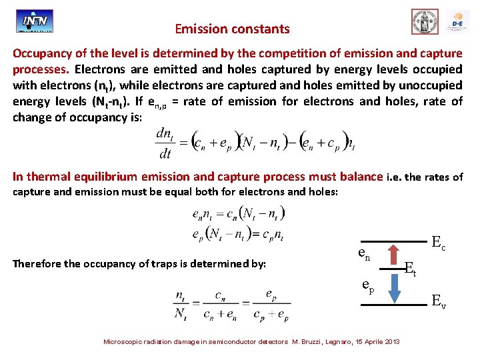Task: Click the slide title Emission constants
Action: [232, 29]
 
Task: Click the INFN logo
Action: [35, 21]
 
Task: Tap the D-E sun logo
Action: [458, 21]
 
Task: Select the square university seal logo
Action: [425, 21]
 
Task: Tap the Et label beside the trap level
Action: [411, 269]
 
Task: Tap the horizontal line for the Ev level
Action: [393, 304]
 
